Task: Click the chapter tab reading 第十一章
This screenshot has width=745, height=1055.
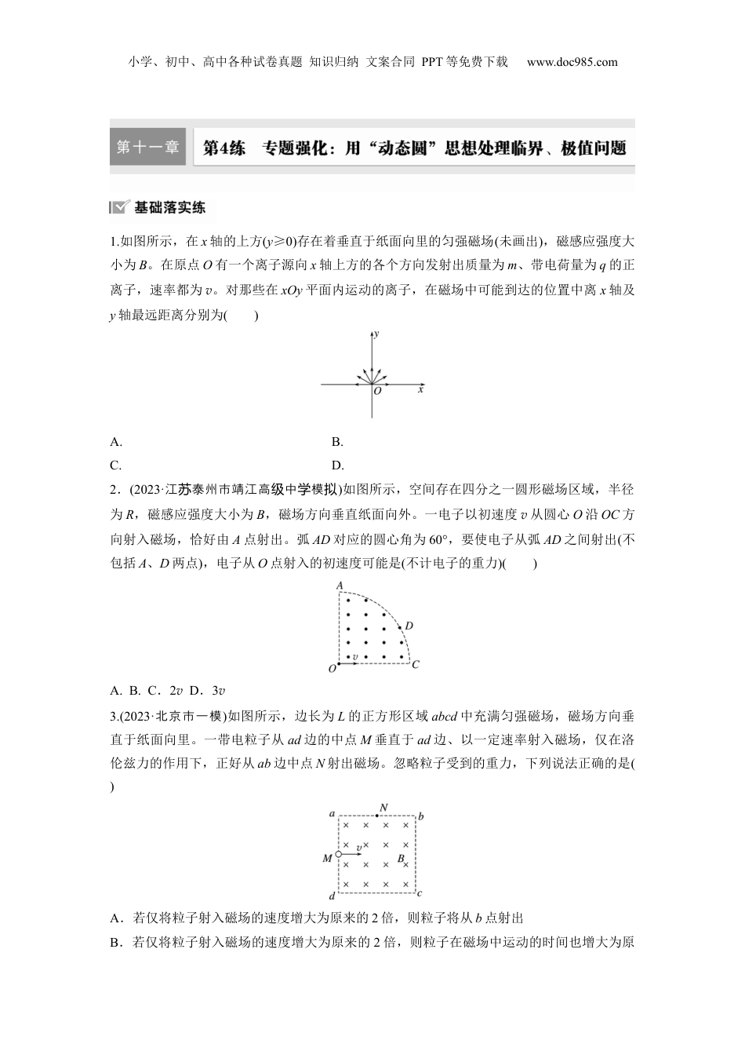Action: (147, 147)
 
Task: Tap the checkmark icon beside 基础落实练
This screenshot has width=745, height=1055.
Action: (120, 208)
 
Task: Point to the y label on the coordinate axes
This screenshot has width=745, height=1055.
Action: (377, 334)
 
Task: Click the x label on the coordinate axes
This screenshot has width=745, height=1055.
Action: (420, 389)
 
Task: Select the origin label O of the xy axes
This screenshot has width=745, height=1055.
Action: (377, 391)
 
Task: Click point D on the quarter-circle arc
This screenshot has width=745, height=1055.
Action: (399, 626)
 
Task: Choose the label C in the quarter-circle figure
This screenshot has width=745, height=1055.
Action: (416, 664)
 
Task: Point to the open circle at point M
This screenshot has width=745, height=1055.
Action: (338, 855)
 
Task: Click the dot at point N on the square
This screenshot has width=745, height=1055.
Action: (378, 816)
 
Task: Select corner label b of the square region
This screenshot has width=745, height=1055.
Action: (421, 816)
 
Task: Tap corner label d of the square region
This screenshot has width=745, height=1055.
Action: (333, 895)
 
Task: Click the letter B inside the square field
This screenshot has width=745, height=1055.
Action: (400, 859)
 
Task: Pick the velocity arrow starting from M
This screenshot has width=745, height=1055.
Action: (351, 855)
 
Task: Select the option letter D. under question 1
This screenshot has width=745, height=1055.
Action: (338, 465)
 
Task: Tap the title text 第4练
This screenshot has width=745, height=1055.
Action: (224, 148)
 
